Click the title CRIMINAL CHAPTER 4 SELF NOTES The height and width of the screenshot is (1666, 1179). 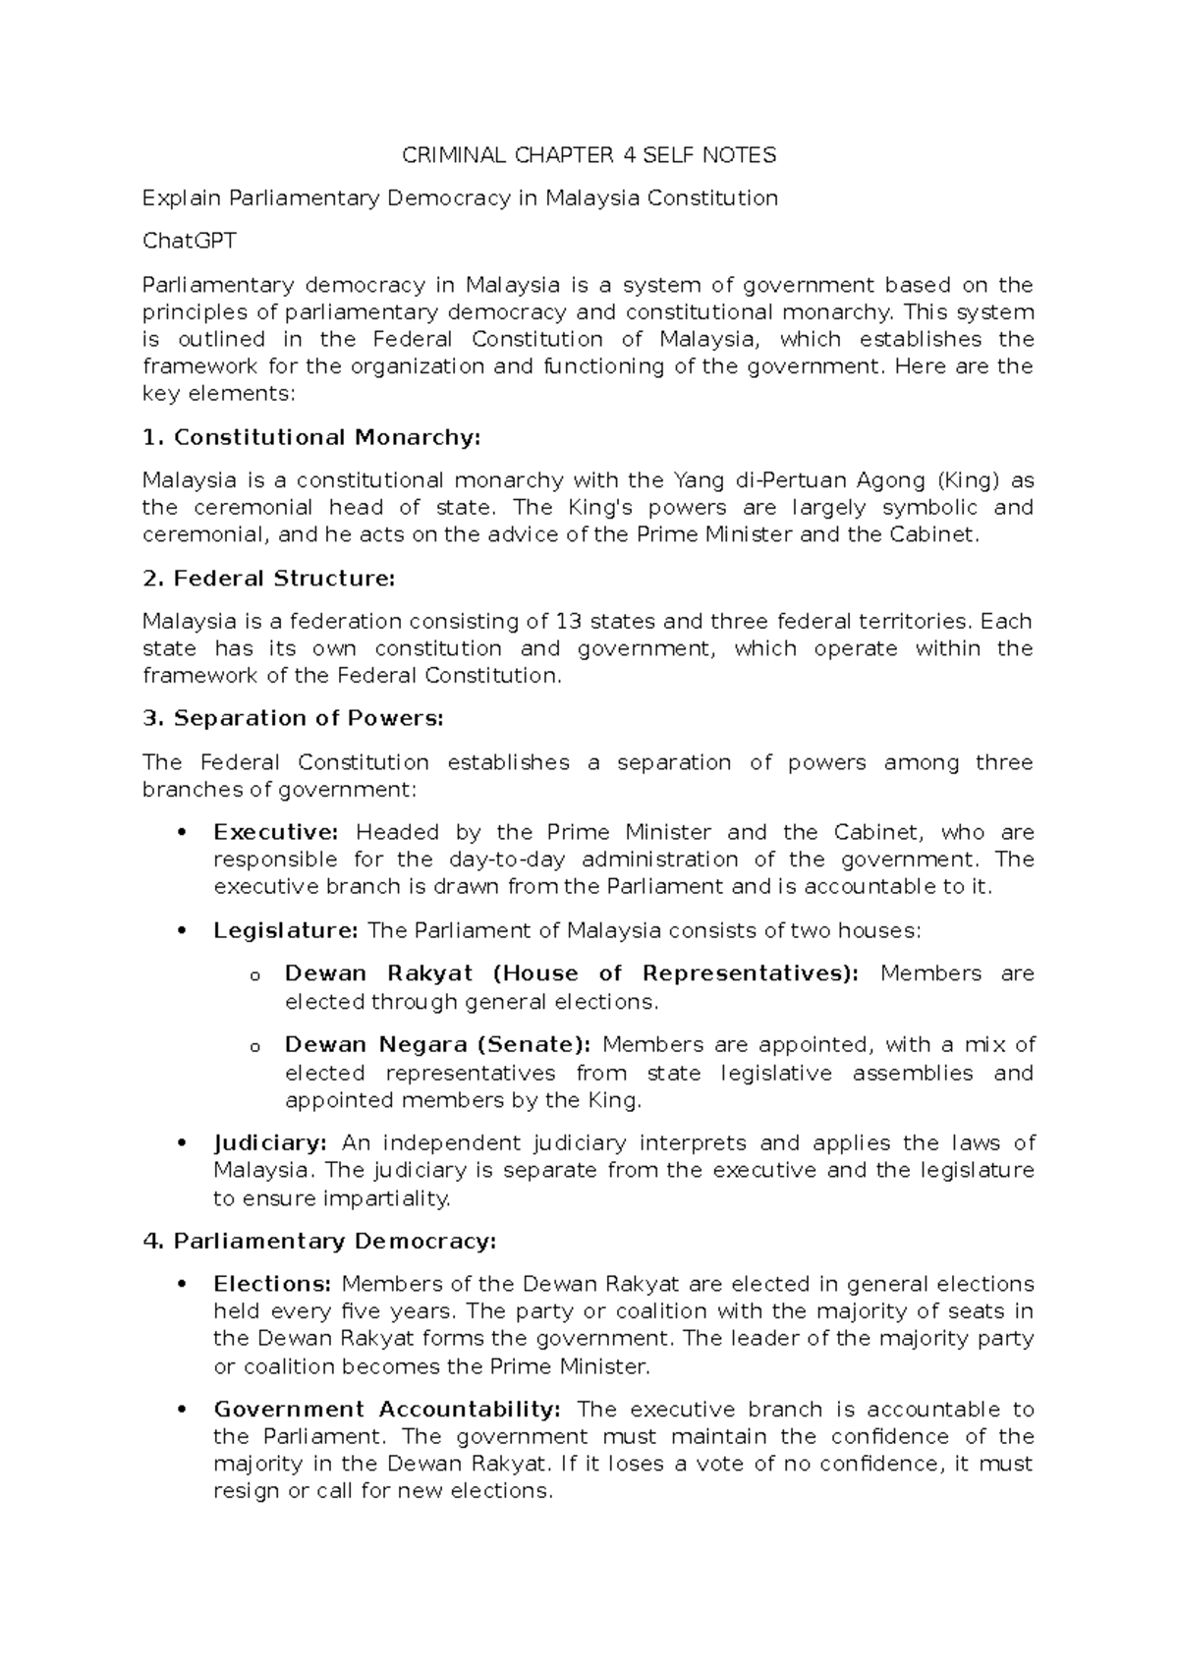pos(589,155)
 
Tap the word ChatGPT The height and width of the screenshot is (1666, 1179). pos(190,242)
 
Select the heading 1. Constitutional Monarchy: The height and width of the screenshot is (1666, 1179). pos(311,437)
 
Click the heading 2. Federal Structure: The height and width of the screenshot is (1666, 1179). pos(268,579)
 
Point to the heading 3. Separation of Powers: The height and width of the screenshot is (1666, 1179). pos(293,719)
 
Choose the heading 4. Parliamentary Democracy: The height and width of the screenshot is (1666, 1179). pos(319,1242)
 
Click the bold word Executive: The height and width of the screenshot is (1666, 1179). pos(276,833)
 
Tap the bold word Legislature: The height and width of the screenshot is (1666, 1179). pos(286,931)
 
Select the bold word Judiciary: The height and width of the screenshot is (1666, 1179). pos(270,1143)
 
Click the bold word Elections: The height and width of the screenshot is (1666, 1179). pos(273,1285)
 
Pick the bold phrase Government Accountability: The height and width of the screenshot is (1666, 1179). pos(387,1410)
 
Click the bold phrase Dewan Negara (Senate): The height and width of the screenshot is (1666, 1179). pos(438,1045)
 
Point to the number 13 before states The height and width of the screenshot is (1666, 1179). pos(568,622)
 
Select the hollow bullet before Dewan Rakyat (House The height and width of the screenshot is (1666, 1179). pos(254,976)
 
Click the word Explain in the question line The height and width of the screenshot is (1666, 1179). pos(182,198)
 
